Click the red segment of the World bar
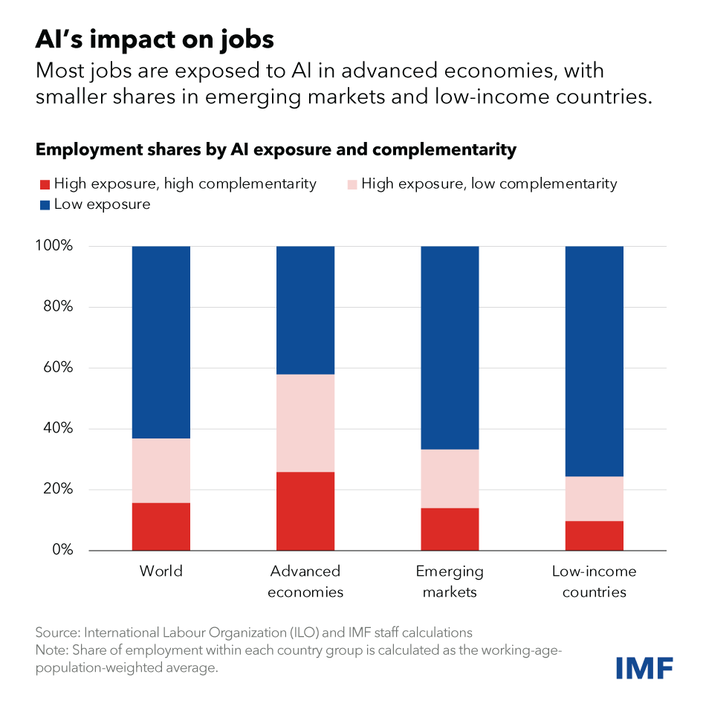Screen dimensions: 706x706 pos(161,526)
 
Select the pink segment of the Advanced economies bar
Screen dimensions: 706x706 pos(305,423)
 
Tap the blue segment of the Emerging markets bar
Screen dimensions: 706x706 pos(450,347)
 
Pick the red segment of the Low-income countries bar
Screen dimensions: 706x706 pos(594,535)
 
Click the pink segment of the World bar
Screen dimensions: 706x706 pos(161,470)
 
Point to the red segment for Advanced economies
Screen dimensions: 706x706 pos(305,511)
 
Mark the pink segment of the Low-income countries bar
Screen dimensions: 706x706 pos(594,499)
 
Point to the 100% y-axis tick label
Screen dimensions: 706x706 pos(54,246)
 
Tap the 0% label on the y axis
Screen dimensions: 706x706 pos(62,550)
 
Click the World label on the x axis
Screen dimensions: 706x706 pos(161,571)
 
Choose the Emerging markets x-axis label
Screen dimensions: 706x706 pos(450,582)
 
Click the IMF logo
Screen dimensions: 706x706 pos(644,667)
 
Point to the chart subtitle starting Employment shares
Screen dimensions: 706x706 pos(275,149)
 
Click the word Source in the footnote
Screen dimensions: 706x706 pos(56,633)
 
